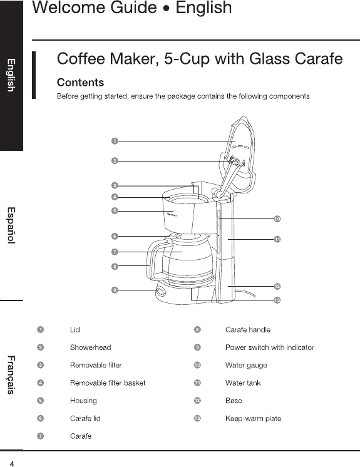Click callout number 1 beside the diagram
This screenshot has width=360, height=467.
tap(115, 141)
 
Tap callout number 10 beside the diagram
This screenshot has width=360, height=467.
tap(277, 219)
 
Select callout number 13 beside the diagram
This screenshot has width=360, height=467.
tap(277, 300)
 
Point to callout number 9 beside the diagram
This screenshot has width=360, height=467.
tap(115, 290)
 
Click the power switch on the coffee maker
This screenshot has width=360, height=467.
tap(160, 291)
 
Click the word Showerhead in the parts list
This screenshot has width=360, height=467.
tap(91, 347)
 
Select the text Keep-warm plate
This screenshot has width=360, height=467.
tap(253, 418)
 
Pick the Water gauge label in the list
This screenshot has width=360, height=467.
tap(246, 366)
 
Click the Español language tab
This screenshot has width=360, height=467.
tap(11, 225)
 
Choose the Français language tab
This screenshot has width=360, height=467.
tap(11, 375)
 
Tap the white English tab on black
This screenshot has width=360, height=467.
tap(11, 75)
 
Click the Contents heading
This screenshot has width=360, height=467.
tap(80, 83)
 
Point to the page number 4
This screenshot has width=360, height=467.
tap(12, 464)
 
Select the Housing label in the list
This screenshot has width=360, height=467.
tap(83, 401)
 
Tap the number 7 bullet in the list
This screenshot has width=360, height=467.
tap(41, 436)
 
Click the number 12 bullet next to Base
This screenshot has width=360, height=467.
tap(197, 401)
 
